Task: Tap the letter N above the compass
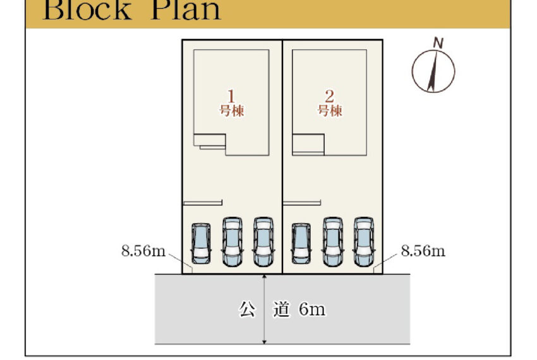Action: pos(438,43)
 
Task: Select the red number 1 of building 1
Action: pos(231,96)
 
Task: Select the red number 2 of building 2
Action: pos(329,96)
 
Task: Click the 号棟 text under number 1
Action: pos(231,111)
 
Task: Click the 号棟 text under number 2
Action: pos(329,111)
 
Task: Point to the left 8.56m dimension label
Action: pos(143,251)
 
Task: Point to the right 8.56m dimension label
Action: pos(423,251)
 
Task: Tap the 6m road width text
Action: pos(311,310)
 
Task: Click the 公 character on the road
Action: pos(246,310)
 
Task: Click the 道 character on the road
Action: pos(281,310)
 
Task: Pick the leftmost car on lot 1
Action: pos(201,243)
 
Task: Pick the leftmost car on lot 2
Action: pos(301,243)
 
